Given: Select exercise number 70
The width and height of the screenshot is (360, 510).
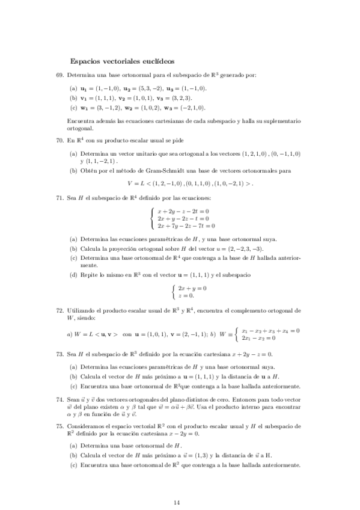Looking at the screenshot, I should tap(59, 141).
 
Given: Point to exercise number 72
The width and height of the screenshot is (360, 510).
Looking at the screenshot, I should tap(59, 310).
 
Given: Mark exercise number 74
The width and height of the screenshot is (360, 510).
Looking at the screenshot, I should tap(59, 399).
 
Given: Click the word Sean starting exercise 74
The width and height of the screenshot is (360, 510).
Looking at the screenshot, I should tap(74, 399).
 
